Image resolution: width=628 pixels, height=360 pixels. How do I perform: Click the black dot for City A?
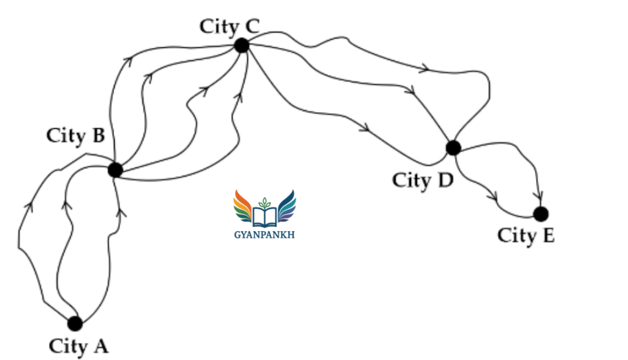(75, 324)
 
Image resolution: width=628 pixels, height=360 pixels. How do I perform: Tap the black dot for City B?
(115, 170)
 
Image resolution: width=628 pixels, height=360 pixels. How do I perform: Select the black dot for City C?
(242, 45)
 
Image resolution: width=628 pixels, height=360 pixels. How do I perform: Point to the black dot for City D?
(453, 147)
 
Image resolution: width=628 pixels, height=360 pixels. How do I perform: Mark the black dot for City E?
(541, 214)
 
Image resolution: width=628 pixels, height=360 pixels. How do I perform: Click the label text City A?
(78, 347)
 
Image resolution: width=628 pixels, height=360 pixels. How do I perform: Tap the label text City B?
(75, 136)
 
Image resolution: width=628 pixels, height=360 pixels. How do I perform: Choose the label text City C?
(229, 27)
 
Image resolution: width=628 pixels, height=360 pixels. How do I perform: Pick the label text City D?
(423, 180)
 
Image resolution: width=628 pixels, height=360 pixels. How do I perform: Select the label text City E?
(526, 236)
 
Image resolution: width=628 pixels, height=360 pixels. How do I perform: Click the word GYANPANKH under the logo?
(264, 235)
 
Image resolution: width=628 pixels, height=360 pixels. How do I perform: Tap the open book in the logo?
(264, 216)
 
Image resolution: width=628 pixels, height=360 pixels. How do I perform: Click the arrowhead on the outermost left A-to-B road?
(29, 207)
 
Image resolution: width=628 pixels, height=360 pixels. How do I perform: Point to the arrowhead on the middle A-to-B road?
(66, 205)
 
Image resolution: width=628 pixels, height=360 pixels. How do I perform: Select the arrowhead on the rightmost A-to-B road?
(121, 212)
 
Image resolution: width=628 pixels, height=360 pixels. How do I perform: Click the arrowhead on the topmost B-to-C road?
(128, 61)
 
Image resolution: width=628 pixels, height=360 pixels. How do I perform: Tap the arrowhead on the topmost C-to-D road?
(426, 68)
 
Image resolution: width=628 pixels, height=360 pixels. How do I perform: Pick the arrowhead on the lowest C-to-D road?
(365, 129)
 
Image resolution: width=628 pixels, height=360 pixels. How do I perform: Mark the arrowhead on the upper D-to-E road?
(539, 196)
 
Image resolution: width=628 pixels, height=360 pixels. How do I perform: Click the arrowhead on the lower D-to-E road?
(494, 197)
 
